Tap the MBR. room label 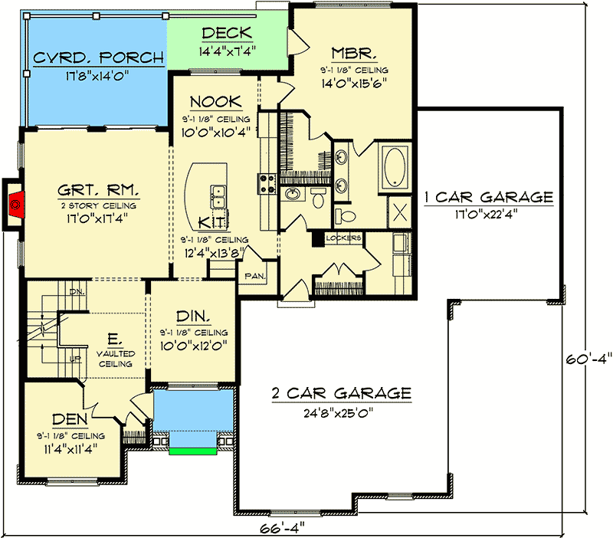(354, 53)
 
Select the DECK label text (227, 33)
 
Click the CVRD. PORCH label (99, 58)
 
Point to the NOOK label (216, 102)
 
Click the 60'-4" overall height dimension (588, 359)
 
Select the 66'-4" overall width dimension (282, 529)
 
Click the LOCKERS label (343, 238)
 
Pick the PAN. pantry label (255, 276)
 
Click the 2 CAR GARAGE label (342, 393)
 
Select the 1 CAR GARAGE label (489, 197)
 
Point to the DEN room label (70, 419)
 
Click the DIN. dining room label (193, 316)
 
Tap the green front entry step (193, 451)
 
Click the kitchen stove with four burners (267, 184)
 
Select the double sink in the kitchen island (218, 197)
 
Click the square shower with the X (399, 212)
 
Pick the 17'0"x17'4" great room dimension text (97, 218)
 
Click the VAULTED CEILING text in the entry (116, 359)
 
